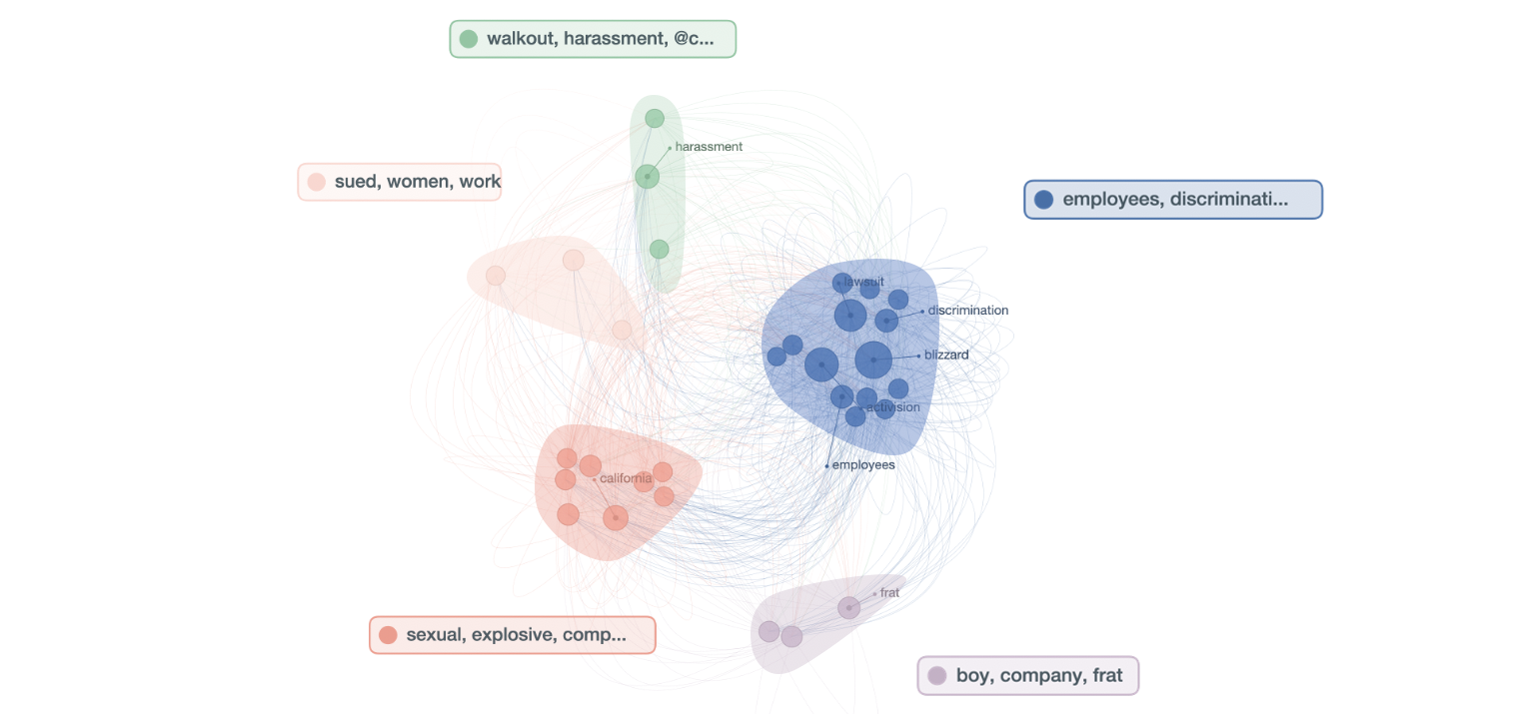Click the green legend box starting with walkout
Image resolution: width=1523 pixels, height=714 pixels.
click(593, 39)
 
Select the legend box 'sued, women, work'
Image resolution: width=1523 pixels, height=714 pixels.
click(400, 182)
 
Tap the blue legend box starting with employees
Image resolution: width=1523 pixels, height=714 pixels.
click(1173, 200)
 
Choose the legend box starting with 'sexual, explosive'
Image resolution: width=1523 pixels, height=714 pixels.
click(513, 635)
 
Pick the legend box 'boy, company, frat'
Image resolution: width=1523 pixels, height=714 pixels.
click(1028, 676)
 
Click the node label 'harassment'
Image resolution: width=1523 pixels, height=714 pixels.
click(709, 147)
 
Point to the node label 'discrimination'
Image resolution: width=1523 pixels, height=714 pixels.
click(967, 311)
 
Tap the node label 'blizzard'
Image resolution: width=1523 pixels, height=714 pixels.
click(946, 356)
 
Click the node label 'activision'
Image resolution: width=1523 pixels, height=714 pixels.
click(893, 407)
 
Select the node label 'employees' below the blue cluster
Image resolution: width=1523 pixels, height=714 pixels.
click(863, 464)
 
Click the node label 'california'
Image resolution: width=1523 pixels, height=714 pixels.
click(626, 478)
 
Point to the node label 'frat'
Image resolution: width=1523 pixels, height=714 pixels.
click(889, 593)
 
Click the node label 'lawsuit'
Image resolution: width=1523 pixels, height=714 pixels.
click(863, 282)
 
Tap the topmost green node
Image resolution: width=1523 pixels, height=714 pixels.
click(655, 119)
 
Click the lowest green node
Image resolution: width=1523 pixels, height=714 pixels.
click(659, 249)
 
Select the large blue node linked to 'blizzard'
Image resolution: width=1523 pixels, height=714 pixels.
click(873, 360)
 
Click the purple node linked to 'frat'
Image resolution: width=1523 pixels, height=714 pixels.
click(848, 607)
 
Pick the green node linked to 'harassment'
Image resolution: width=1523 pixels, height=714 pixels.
click(648, 177)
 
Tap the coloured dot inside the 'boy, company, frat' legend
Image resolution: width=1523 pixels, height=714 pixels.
click(937, 676)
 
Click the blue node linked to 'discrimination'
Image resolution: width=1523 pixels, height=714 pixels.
click(886, 321)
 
